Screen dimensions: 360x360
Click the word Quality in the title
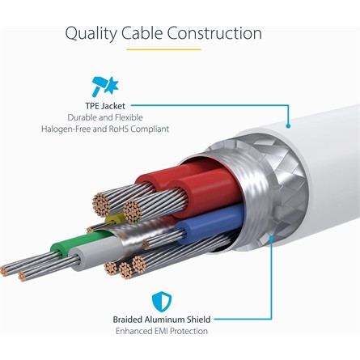(x=91, y=34)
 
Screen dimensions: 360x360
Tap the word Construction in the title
(x=214, y=33)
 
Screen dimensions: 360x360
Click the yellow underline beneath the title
(x=163, y=49)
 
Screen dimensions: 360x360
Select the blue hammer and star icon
(x=105, y=87)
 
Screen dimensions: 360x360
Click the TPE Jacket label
(x=105, y=106)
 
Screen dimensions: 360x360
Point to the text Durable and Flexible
(x=105, y=117)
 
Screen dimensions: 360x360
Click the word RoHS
(x=119, y=129)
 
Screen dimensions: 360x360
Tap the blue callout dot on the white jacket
(x=288, y=125)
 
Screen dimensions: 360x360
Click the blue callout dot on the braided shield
(x=271, y=238)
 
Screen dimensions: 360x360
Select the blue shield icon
(x=162, y=302)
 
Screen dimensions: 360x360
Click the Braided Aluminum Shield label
(x=162, y=320)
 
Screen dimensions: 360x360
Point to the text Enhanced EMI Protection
(x=162, y=331)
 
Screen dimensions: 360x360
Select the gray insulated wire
(x=97, y=253)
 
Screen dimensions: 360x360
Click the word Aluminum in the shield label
(x=164, y=320)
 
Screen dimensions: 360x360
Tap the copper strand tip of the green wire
(x=4, y=271)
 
